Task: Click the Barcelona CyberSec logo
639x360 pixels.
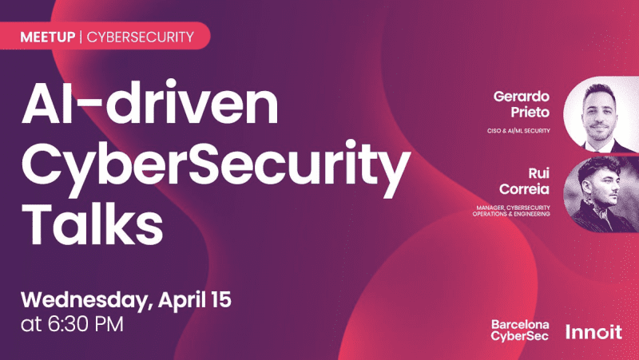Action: click(520, 330)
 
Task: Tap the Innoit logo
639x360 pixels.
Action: click(593, 331)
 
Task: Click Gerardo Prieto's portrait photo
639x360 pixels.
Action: click(600, 114)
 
